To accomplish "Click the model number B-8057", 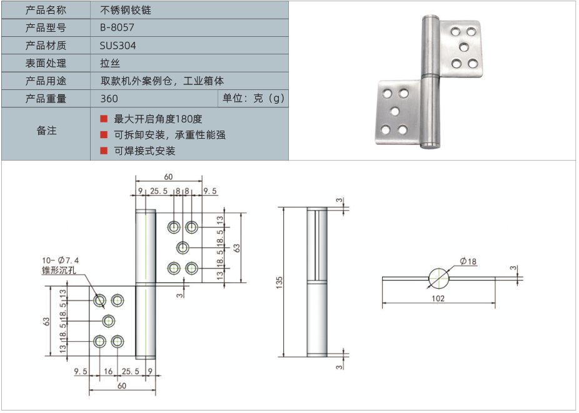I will (x=117, y=27).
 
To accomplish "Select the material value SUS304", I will (x=118, y=46).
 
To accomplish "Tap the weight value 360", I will (x=109, y=99).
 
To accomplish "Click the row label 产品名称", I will (x=46, y=10).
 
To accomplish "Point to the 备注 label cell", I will (x=46, y=131).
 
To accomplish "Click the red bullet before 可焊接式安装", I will (x=104, y=151).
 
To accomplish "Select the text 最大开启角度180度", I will (x=158, y=119).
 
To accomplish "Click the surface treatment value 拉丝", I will (x=109, y=63).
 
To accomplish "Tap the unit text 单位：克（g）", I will (x=253, y=99).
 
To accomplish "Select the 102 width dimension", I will (x=438, y=299).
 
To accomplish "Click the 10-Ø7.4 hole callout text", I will (x=61, y=261).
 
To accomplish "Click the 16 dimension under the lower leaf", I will (x=108, y=371).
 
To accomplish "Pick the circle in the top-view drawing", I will (x=439, y=278).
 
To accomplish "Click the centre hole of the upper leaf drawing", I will (x=183, y=247).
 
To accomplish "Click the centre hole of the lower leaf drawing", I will (x=109, y=321).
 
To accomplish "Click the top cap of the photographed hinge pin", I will (x=430, y=19).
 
